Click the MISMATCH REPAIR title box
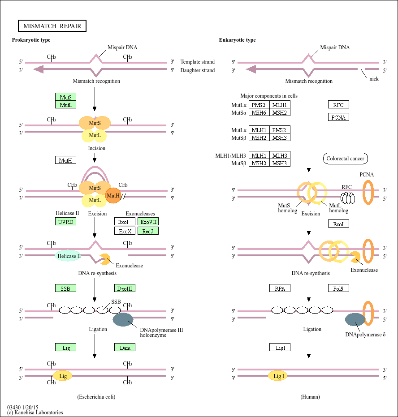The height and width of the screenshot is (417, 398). [52, 26]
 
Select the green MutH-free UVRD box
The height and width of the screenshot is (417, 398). [65, 222]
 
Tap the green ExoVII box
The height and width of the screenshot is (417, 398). [148, 222]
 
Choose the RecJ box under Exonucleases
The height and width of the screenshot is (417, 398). [148, 231]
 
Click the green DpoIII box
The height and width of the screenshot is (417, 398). [125, 288]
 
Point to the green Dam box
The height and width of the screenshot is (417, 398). [125, 347]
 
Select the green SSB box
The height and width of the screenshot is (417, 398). [65, 288]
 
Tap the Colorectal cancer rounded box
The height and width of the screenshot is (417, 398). [345, 159]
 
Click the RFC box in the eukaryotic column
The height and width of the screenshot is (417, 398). [338, 105]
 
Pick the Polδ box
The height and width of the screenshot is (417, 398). [338, 288]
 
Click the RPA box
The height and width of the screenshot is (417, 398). [280, 288]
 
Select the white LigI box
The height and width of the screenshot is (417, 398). [280, 347]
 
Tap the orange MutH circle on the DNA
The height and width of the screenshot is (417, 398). [113, 195]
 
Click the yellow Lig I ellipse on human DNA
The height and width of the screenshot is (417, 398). [278, 376]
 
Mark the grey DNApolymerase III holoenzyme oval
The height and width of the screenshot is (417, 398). [123, 320]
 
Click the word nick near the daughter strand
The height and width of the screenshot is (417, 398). [374, 79]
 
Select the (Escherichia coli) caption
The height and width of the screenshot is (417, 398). [99, 397]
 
